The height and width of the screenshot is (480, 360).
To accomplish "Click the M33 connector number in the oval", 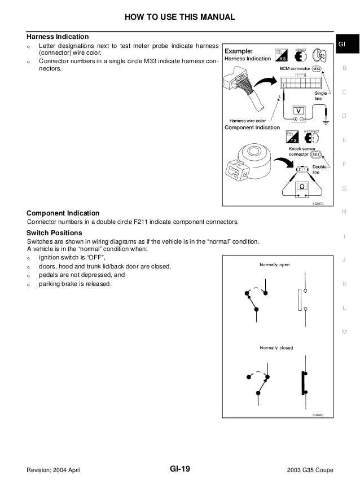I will (x=319, y=69).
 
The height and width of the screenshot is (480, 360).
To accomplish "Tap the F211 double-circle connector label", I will (x=316, y=153).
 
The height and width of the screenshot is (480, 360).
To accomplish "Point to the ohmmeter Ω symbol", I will (x=301, y=186).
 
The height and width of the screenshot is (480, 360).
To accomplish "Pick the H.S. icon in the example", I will (x=281, y=55).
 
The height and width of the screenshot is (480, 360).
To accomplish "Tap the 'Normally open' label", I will (x=275, y=265).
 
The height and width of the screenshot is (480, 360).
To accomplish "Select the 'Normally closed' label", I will (x=276, y=347).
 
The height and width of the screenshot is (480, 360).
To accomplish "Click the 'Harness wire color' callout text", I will (x=248, y=120).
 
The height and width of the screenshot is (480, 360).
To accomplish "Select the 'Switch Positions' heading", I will (x=54, y=233).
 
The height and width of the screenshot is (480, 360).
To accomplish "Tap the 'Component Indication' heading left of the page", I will (x=63, y=213).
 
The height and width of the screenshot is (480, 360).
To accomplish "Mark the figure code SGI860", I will (x=318, y=415).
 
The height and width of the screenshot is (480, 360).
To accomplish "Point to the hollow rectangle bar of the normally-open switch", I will (x=298, y=300).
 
